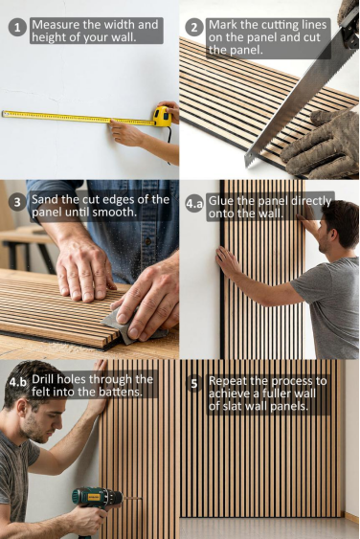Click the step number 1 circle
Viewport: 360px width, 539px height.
coord(17,27)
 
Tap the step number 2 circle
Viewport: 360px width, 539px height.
coord(194,27)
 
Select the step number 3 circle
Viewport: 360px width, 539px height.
coord(17,202)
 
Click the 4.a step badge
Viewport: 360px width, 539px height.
coord(194,203)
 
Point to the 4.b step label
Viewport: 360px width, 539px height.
coord(17,382)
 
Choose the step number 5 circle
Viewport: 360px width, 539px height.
coord(194,384)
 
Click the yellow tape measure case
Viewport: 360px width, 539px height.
coord(163,117)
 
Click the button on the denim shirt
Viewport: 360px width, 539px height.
coord(147,241)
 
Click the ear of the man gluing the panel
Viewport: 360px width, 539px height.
coord(333,236)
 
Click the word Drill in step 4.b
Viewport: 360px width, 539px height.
coord(43,379)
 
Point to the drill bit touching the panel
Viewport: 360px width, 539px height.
coord(132,498)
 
